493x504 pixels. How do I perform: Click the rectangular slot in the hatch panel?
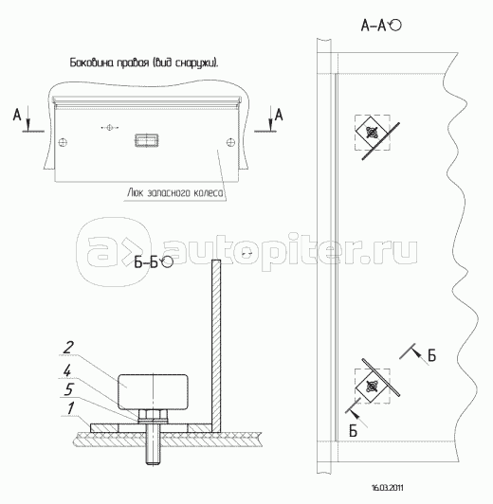tap(145, 141)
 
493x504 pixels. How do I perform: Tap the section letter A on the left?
tap(16, 116)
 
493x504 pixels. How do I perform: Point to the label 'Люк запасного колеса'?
tap(174, 191)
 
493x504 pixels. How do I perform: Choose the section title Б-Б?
tap(147, 261)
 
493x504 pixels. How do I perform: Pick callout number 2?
tap(69, 347)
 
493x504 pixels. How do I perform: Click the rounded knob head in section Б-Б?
tap(152, 389)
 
